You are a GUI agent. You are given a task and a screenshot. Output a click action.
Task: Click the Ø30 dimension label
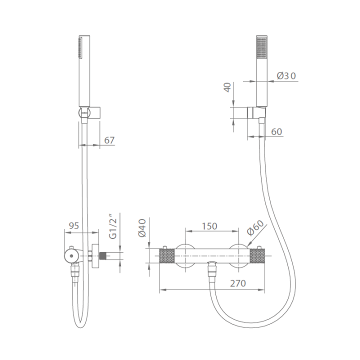point(286,76)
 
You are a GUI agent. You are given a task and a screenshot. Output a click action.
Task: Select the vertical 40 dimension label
point(227,87)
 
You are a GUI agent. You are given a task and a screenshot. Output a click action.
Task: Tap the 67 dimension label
point(109,140)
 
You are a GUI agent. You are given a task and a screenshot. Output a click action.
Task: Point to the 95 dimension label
point(74,225)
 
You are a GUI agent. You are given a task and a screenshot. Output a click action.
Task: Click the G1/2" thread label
point(112,226)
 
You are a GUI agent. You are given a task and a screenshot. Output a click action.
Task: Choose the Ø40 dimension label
point(142,228)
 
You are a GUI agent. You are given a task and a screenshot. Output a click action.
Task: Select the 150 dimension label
point(209,226)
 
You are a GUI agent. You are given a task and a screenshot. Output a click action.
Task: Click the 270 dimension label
point(238,283)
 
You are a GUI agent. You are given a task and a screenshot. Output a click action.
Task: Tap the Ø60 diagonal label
point(256,228)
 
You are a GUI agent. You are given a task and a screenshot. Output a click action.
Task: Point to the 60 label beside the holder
point(276,132)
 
